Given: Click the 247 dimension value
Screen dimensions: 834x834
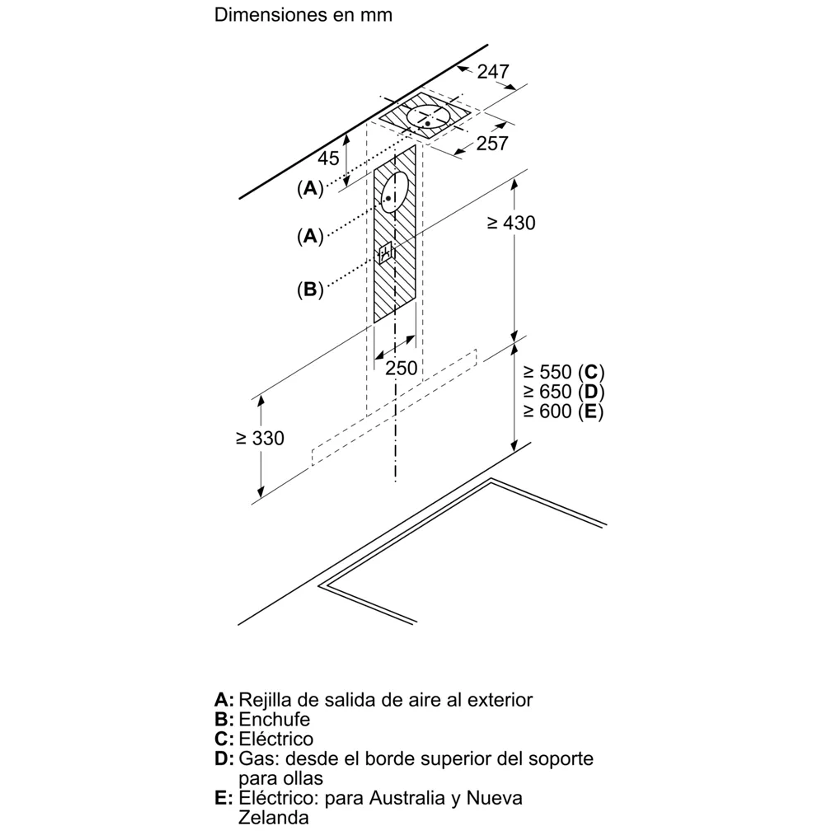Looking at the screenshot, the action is [x=493, y=72].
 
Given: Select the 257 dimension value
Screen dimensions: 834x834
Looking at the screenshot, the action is [x=492, y=144].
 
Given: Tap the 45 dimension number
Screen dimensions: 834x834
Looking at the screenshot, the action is [x=328, y=158].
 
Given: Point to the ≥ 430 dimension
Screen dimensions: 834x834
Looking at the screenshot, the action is [x=512, y=223].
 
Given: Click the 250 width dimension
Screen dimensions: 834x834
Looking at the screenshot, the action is [x=401, y=368].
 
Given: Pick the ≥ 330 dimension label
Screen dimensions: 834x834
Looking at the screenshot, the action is [x=259, y=438].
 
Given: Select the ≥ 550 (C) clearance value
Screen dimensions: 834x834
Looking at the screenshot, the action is [x=564, y=372].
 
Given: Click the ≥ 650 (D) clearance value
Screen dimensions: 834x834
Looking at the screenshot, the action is [x=564, y=392].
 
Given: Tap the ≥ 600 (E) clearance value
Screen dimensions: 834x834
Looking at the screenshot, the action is [x=563, y=411].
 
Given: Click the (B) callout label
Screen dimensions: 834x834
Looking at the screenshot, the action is [x=310, y=290].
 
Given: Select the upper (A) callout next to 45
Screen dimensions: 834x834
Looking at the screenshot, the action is [x=310, y=188].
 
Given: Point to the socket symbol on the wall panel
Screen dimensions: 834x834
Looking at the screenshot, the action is [x=385, y=253].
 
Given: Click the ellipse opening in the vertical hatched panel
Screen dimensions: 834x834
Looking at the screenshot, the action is [x=394, y=192].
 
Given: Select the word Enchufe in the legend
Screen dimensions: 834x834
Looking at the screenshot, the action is [x=274, y=720].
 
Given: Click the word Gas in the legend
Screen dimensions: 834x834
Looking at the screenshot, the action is [x=259, y=759].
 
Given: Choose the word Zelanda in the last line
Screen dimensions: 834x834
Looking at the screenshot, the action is [x=273, y=818].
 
